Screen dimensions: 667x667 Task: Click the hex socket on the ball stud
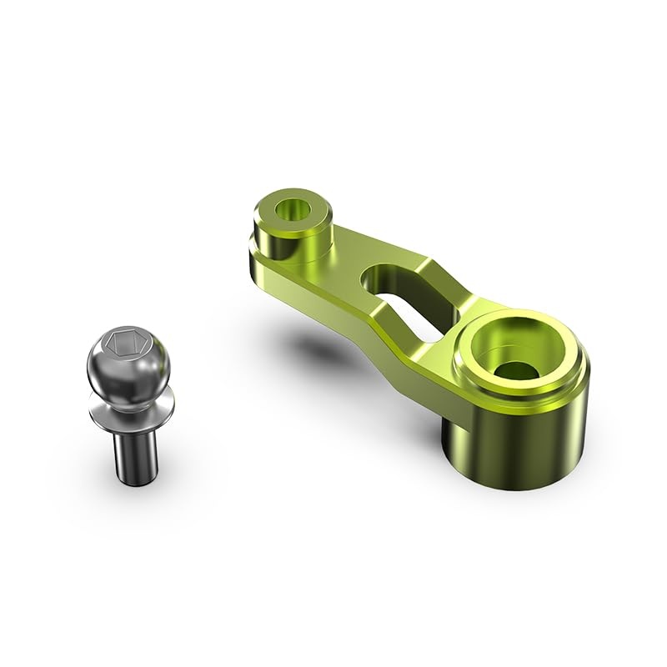(x=123, y=342)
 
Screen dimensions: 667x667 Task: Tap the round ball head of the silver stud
(x=128, y=367)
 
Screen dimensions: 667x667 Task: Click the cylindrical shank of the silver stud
(x=132, y=450)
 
